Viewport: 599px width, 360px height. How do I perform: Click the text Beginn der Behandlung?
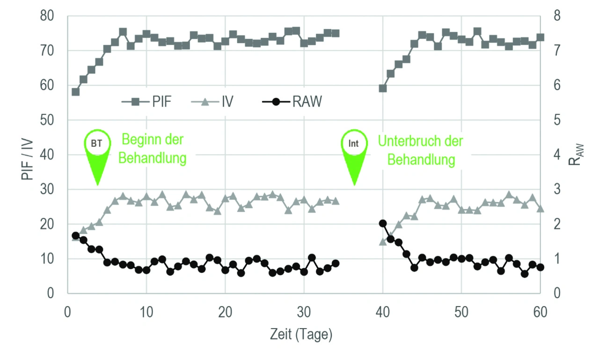pyautogui.click(x=153, y=148)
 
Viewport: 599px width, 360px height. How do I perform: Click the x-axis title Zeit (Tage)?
pyautogui.click(x=301, y=334)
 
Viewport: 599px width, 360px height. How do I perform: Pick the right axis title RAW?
pyautogui.click(x=574, y=155)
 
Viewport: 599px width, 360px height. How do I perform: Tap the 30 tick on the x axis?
pyautogui.click(x=304, y=313)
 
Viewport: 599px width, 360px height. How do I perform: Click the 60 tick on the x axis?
pyautogui.click(x=541, y=313)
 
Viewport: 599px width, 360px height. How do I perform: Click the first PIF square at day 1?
pyautogui.click(x=75, y=92)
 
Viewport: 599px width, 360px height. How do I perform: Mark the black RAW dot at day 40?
pyautogui.click(x=383, y=223)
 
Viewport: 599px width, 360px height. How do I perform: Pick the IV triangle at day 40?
pyautogui.click(x=383, y=242)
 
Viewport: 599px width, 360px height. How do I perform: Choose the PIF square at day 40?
pyautogui.click(x=383, y=88)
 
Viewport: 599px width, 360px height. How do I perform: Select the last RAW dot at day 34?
pyautogui.click(x=336, y=263)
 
